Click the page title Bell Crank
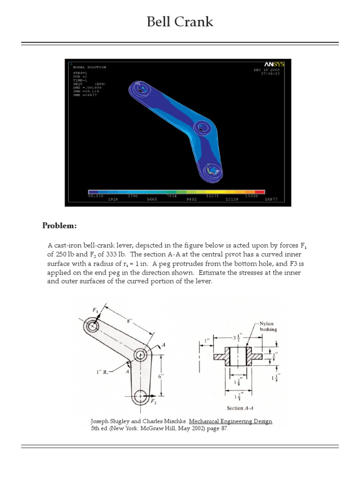(180, 22)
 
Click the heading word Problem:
(59, 226)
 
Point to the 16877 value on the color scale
(271, 199)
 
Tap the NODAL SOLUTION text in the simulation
(90, 67)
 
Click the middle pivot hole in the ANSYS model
(202, 127)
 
